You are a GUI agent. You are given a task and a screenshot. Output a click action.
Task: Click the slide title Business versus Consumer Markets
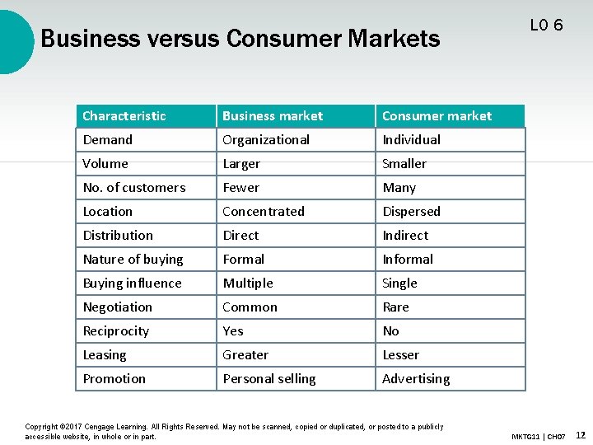tap(240, 39)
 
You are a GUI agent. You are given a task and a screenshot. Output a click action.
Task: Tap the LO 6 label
tap(547, 26)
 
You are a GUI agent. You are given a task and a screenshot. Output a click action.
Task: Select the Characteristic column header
tap(124, 116)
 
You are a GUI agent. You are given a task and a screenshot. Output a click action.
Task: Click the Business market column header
tap(273, 116)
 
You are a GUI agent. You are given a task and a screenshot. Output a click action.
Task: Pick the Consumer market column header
tap(437, 116)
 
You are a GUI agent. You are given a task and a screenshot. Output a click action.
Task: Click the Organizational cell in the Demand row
tap(266, 140)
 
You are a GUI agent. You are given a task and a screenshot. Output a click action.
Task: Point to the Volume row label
tap(105, 164)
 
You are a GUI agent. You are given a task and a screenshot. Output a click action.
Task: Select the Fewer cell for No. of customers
tap(240, 188)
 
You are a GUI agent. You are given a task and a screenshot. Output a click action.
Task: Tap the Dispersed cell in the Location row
tap(411, 212)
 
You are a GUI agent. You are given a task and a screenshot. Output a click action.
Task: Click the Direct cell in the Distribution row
tap(240, 236)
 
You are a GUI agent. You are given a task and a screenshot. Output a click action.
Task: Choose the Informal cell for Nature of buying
tap(408, 260)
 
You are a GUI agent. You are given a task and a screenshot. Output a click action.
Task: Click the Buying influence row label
tap(132, 283)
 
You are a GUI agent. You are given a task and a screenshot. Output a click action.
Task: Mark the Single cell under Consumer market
tap(399, 283)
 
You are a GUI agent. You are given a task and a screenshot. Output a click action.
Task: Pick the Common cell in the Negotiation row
tap(250, 307)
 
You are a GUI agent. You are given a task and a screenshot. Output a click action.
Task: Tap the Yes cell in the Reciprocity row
tap(233, 331)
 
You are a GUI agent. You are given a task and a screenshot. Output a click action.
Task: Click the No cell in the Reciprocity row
tap(390, 331)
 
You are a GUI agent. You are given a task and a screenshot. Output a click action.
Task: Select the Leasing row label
tap(105, 355)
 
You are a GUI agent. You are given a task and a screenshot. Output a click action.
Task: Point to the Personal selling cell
tap(269, 379)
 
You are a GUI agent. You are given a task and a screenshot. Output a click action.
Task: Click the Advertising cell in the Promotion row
tap(416, 379)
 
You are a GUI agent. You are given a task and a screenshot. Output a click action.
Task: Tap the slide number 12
tap(581, 434)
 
